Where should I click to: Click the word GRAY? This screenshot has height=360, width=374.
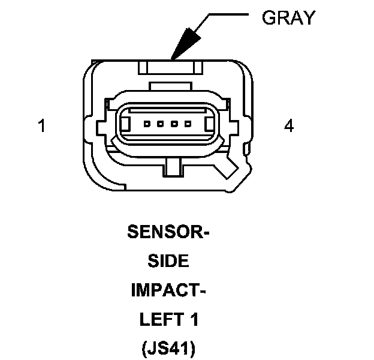point(288,18)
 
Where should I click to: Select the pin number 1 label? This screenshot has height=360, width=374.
point(41,127)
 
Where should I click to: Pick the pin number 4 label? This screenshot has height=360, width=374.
point(289,127)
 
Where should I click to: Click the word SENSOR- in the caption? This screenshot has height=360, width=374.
point(168,232)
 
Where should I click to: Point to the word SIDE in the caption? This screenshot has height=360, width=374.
point(168,262)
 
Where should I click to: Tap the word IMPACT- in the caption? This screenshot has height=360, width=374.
point(168,291)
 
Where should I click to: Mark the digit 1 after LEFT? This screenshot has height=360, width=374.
point(194,320)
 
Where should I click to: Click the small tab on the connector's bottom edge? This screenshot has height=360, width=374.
point(173,167)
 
